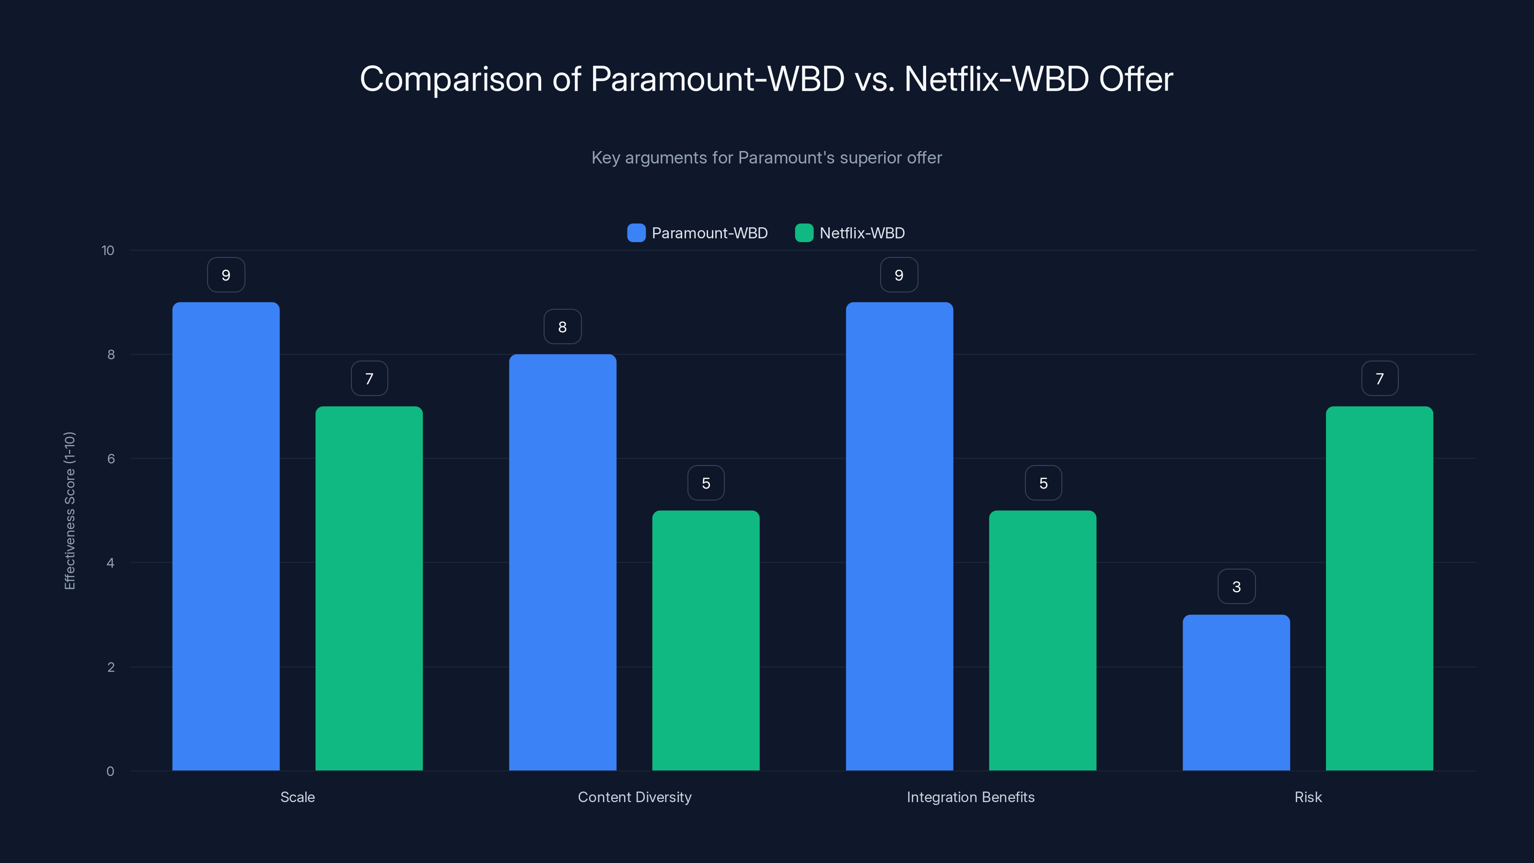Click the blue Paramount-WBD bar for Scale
point(226,536)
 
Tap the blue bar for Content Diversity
point(562,562)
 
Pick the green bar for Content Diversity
point(706,640)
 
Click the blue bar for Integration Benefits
point(899,536)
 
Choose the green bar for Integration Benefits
point(1042,640)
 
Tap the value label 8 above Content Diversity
point(562,327)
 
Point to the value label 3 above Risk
point(1236,587)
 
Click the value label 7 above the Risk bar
point(1379,378)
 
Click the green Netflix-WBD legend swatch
point(804,233)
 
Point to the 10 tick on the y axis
point(107,250)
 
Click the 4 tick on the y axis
point(110,563)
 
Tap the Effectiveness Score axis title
point(70,511)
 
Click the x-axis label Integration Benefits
point(970,797)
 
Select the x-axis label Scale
point(297,797)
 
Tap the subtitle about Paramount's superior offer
point(767,157)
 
